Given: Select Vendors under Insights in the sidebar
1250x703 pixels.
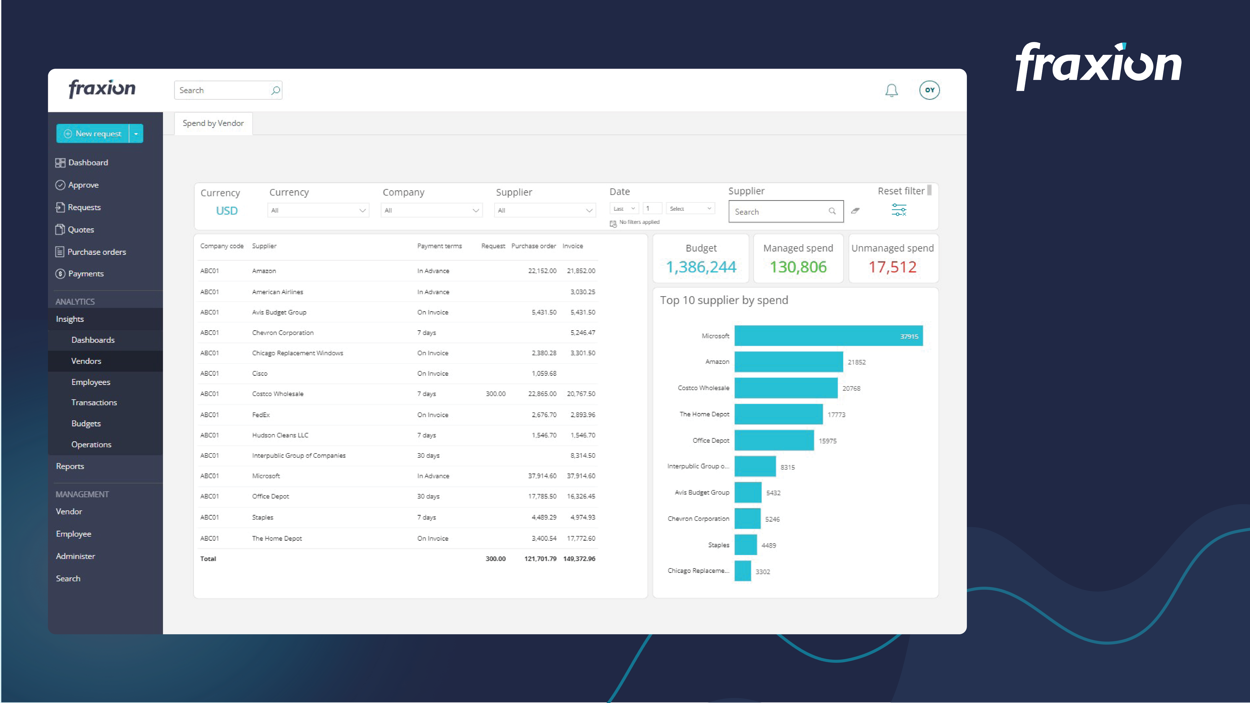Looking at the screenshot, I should [x=86, y=361].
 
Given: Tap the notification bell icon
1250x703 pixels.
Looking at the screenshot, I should [x=891, y=90].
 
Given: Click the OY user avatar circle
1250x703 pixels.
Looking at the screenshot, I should [x=929, y=90].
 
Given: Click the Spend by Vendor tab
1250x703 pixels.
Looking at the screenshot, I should [x=213, y=123].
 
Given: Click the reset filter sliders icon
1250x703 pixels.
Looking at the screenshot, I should [x=899, y=210].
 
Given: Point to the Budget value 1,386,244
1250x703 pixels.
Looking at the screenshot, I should [x=701, y=267].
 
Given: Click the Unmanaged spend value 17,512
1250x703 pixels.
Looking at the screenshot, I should [x=892, y=267].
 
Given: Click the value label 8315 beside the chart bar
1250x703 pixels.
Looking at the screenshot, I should [x=787, y=467].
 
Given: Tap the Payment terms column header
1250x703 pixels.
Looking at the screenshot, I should [x=439, y=246].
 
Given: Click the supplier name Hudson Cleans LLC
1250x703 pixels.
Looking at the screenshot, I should [x=280, y=435].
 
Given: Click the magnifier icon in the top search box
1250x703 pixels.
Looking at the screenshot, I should [x=275, y=90].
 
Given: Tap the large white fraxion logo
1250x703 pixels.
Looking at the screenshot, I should [x=1098, y=66].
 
